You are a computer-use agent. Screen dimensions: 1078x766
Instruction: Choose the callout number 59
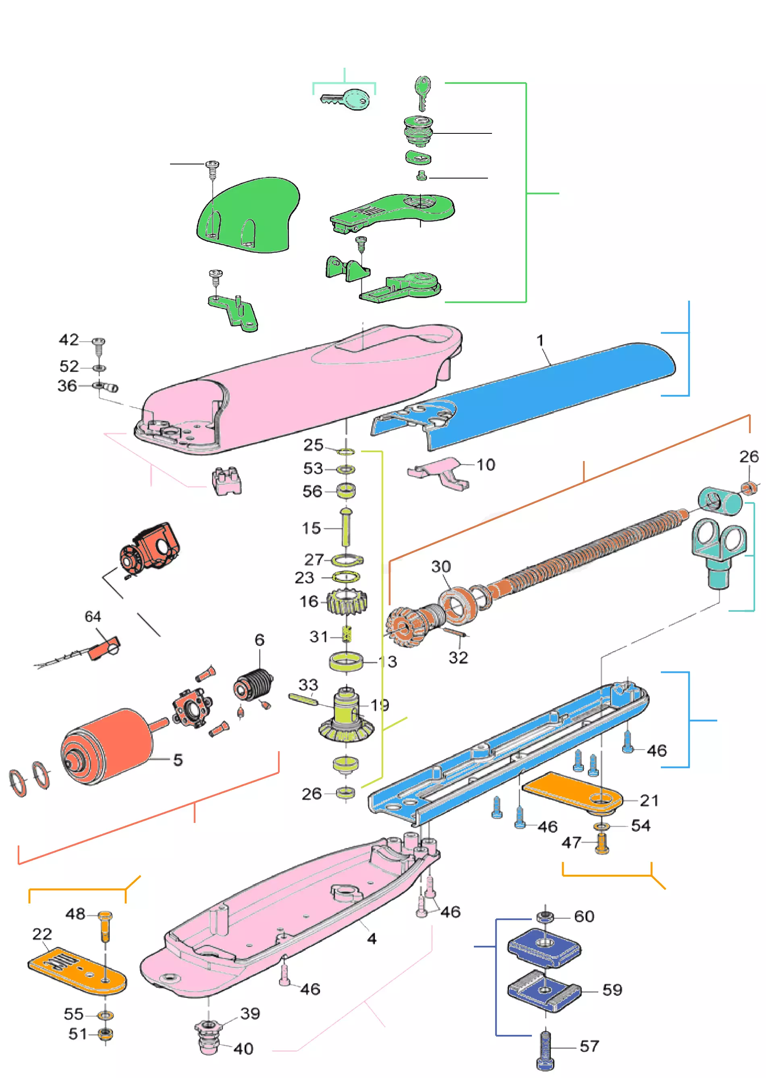612,989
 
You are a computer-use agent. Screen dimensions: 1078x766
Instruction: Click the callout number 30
440,566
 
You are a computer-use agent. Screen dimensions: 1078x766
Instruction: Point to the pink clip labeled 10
439,472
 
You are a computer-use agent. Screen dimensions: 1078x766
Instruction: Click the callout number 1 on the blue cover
540,340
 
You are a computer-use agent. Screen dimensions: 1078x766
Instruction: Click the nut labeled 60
545,917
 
